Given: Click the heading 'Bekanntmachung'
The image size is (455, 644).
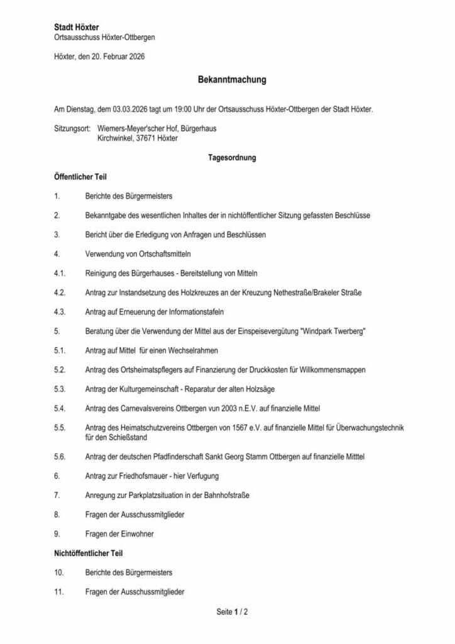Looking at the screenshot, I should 233,80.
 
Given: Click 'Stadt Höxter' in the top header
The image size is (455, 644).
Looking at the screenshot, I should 72,28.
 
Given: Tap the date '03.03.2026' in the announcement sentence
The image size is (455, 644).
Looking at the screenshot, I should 131,109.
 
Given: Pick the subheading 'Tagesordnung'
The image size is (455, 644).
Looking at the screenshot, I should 232,158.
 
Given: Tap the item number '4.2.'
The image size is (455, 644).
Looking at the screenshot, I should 60,293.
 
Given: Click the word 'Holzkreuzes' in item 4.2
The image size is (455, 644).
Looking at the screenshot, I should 195,293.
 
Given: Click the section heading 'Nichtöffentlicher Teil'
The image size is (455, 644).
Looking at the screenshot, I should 87,553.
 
